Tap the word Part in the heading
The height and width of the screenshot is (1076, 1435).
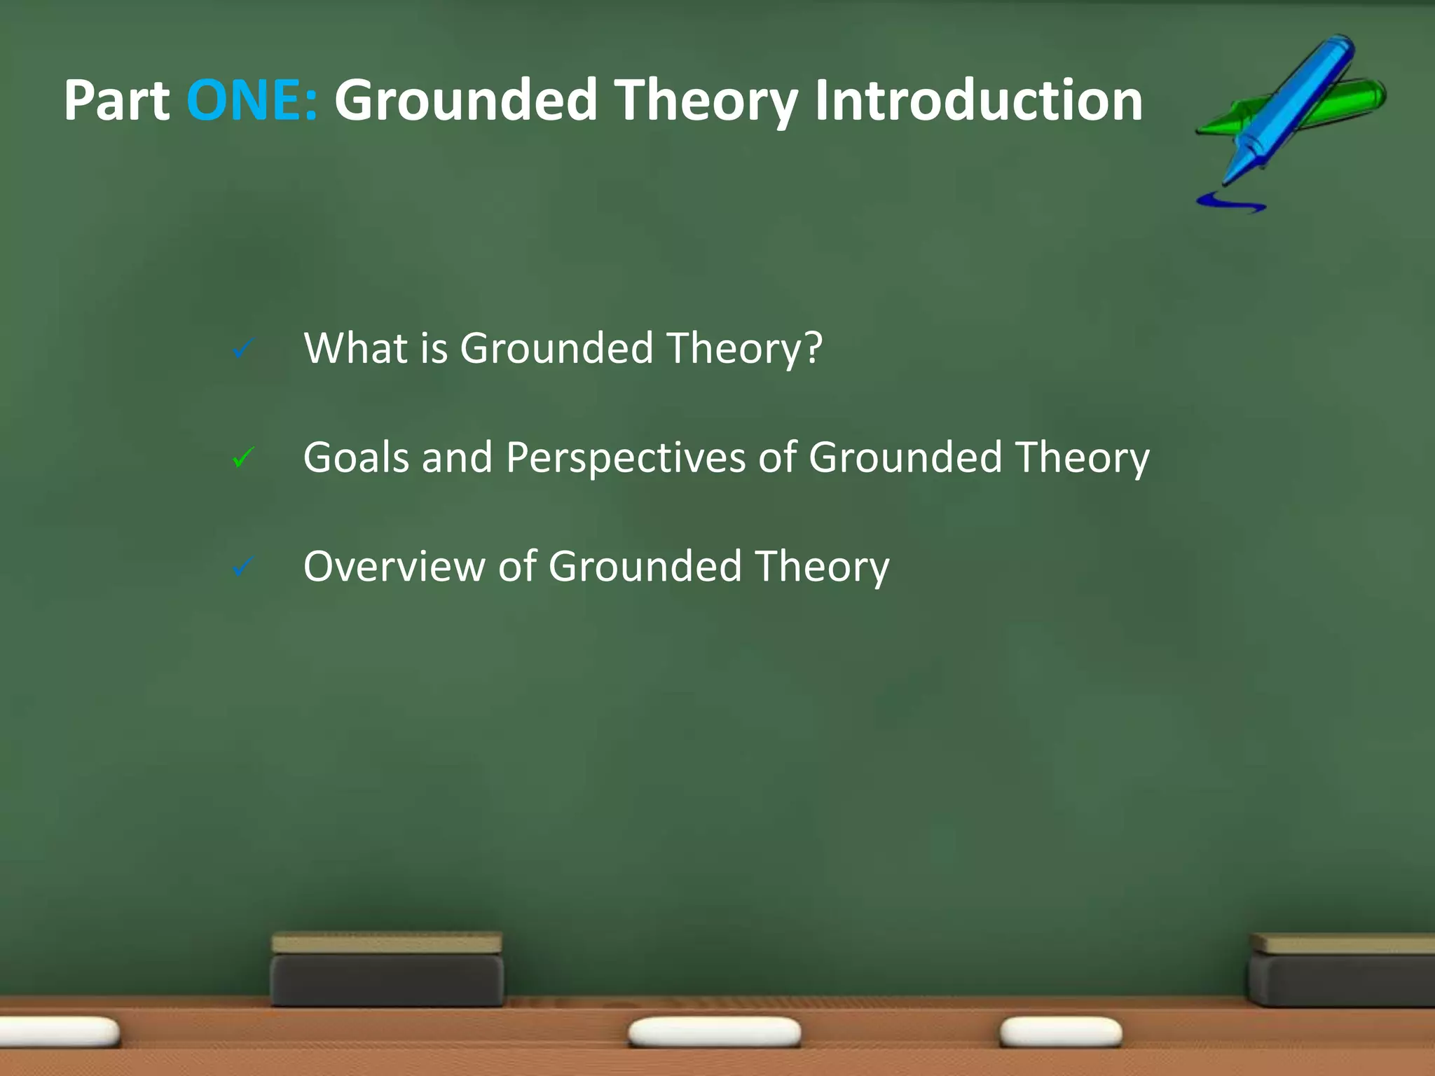coord(117,101)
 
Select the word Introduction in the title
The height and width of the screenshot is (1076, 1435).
coord(978,101)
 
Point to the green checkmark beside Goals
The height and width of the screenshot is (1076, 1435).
coord(243,458)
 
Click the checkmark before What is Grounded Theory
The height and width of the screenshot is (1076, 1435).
coord(243,349)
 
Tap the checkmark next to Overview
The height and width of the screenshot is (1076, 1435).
coord(243,567)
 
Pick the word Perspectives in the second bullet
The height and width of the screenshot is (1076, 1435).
coord(625,459)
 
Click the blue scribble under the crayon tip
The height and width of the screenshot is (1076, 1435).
coord(1230,202)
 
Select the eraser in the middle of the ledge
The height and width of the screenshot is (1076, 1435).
coord(387,970)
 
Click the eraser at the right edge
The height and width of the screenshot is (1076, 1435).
coord(1342,970)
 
